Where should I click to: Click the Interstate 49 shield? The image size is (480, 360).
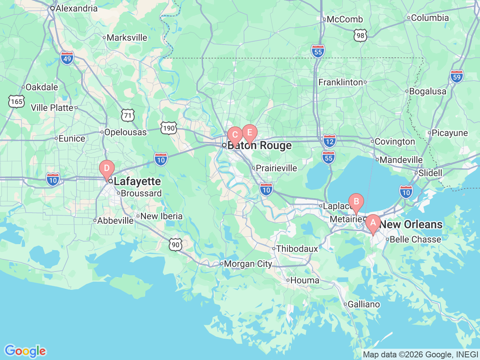click(67, 58)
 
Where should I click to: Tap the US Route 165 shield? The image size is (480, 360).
click(16, 102)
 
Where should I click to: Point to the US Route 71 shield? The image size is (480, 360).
click(128, 115)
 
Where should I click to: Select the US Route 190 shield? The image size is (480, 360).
click(169, 128)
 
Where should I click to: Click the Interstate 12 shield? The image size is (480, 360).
click(329, 141)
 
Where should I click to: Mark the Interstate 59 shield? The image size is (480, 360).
click(457, 76)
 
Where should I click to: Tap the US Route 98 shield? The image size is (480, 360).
click(360, 36)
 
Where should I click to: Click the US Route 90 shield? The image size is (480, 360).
click(175, 245)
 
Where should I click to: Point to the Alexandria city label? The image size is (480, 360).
click(76, 8)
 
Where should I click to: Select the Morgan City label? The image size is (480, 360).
click(247, 264)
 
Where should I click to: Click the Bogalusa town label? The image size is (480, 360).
click(427, 91)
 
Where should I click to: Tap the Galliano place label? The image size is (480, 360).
click(363, 304)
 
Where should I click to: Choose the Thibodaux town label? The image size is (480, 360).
click(297, 249)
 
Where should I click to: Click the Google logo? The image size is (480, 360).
click(25, 351)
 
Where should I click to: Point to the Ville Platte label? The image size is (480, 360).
click(52, 108)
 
